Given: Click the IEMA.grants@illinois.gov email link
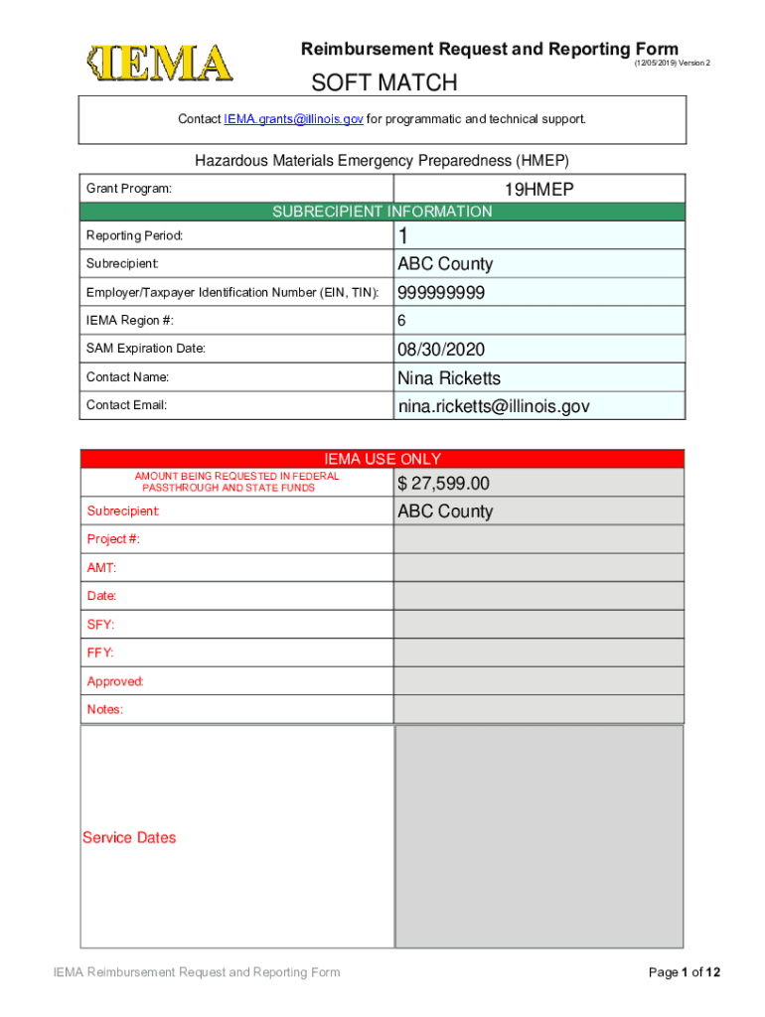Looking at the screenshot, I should (293, 119).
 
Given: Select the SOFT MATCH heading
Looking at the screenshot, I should (384, 82).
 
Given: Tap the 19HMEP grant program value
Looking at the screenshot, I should (540, 190).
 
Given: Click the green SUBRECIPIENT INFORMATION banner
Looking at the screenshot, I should (382, 212).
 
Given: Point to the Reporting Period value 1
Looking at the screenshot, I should (403, 236).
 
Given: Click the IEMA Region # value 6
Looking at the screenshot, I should (402, 321).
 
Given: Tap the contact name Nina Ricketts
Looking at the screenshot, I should (449, 378).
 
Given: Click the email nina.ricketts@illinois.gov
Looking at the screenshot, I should (494, 406).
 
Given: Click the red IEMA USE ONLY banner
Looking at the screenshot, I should (382, 459).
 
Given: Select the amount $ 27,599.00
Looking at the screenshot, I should (443, 484).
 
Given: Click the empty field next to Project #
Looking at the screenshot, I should (538, 539).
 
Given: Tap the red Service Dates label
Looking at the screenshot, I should (129, 838).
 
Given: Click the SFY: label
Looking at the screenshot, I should (100, 625).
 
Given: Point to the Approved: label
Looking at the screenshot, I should (115, 681).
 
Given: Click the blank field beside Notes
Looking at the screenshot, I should (538, 710).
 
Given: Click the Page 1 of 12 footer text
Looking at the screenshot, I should (685, 972).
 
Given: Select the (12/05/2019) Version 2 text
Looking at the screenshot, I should (672, 63).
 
